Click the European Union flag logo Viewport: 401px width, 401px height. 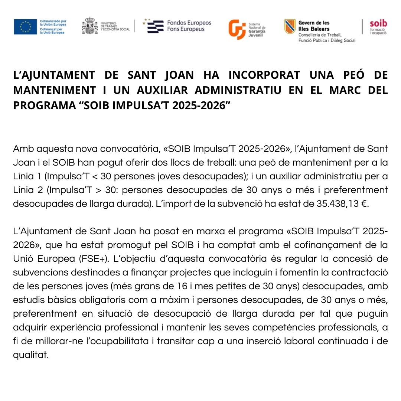click(25, 27)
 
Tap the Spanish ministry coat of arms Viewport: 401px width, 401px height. click(89, 26)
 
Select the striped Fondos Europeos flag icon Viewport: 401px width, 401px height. click(155, 26)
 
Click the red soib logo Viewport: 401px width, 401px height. click(378, 24)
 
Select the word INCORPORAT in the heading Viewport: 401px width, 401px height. click(264, 75)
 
